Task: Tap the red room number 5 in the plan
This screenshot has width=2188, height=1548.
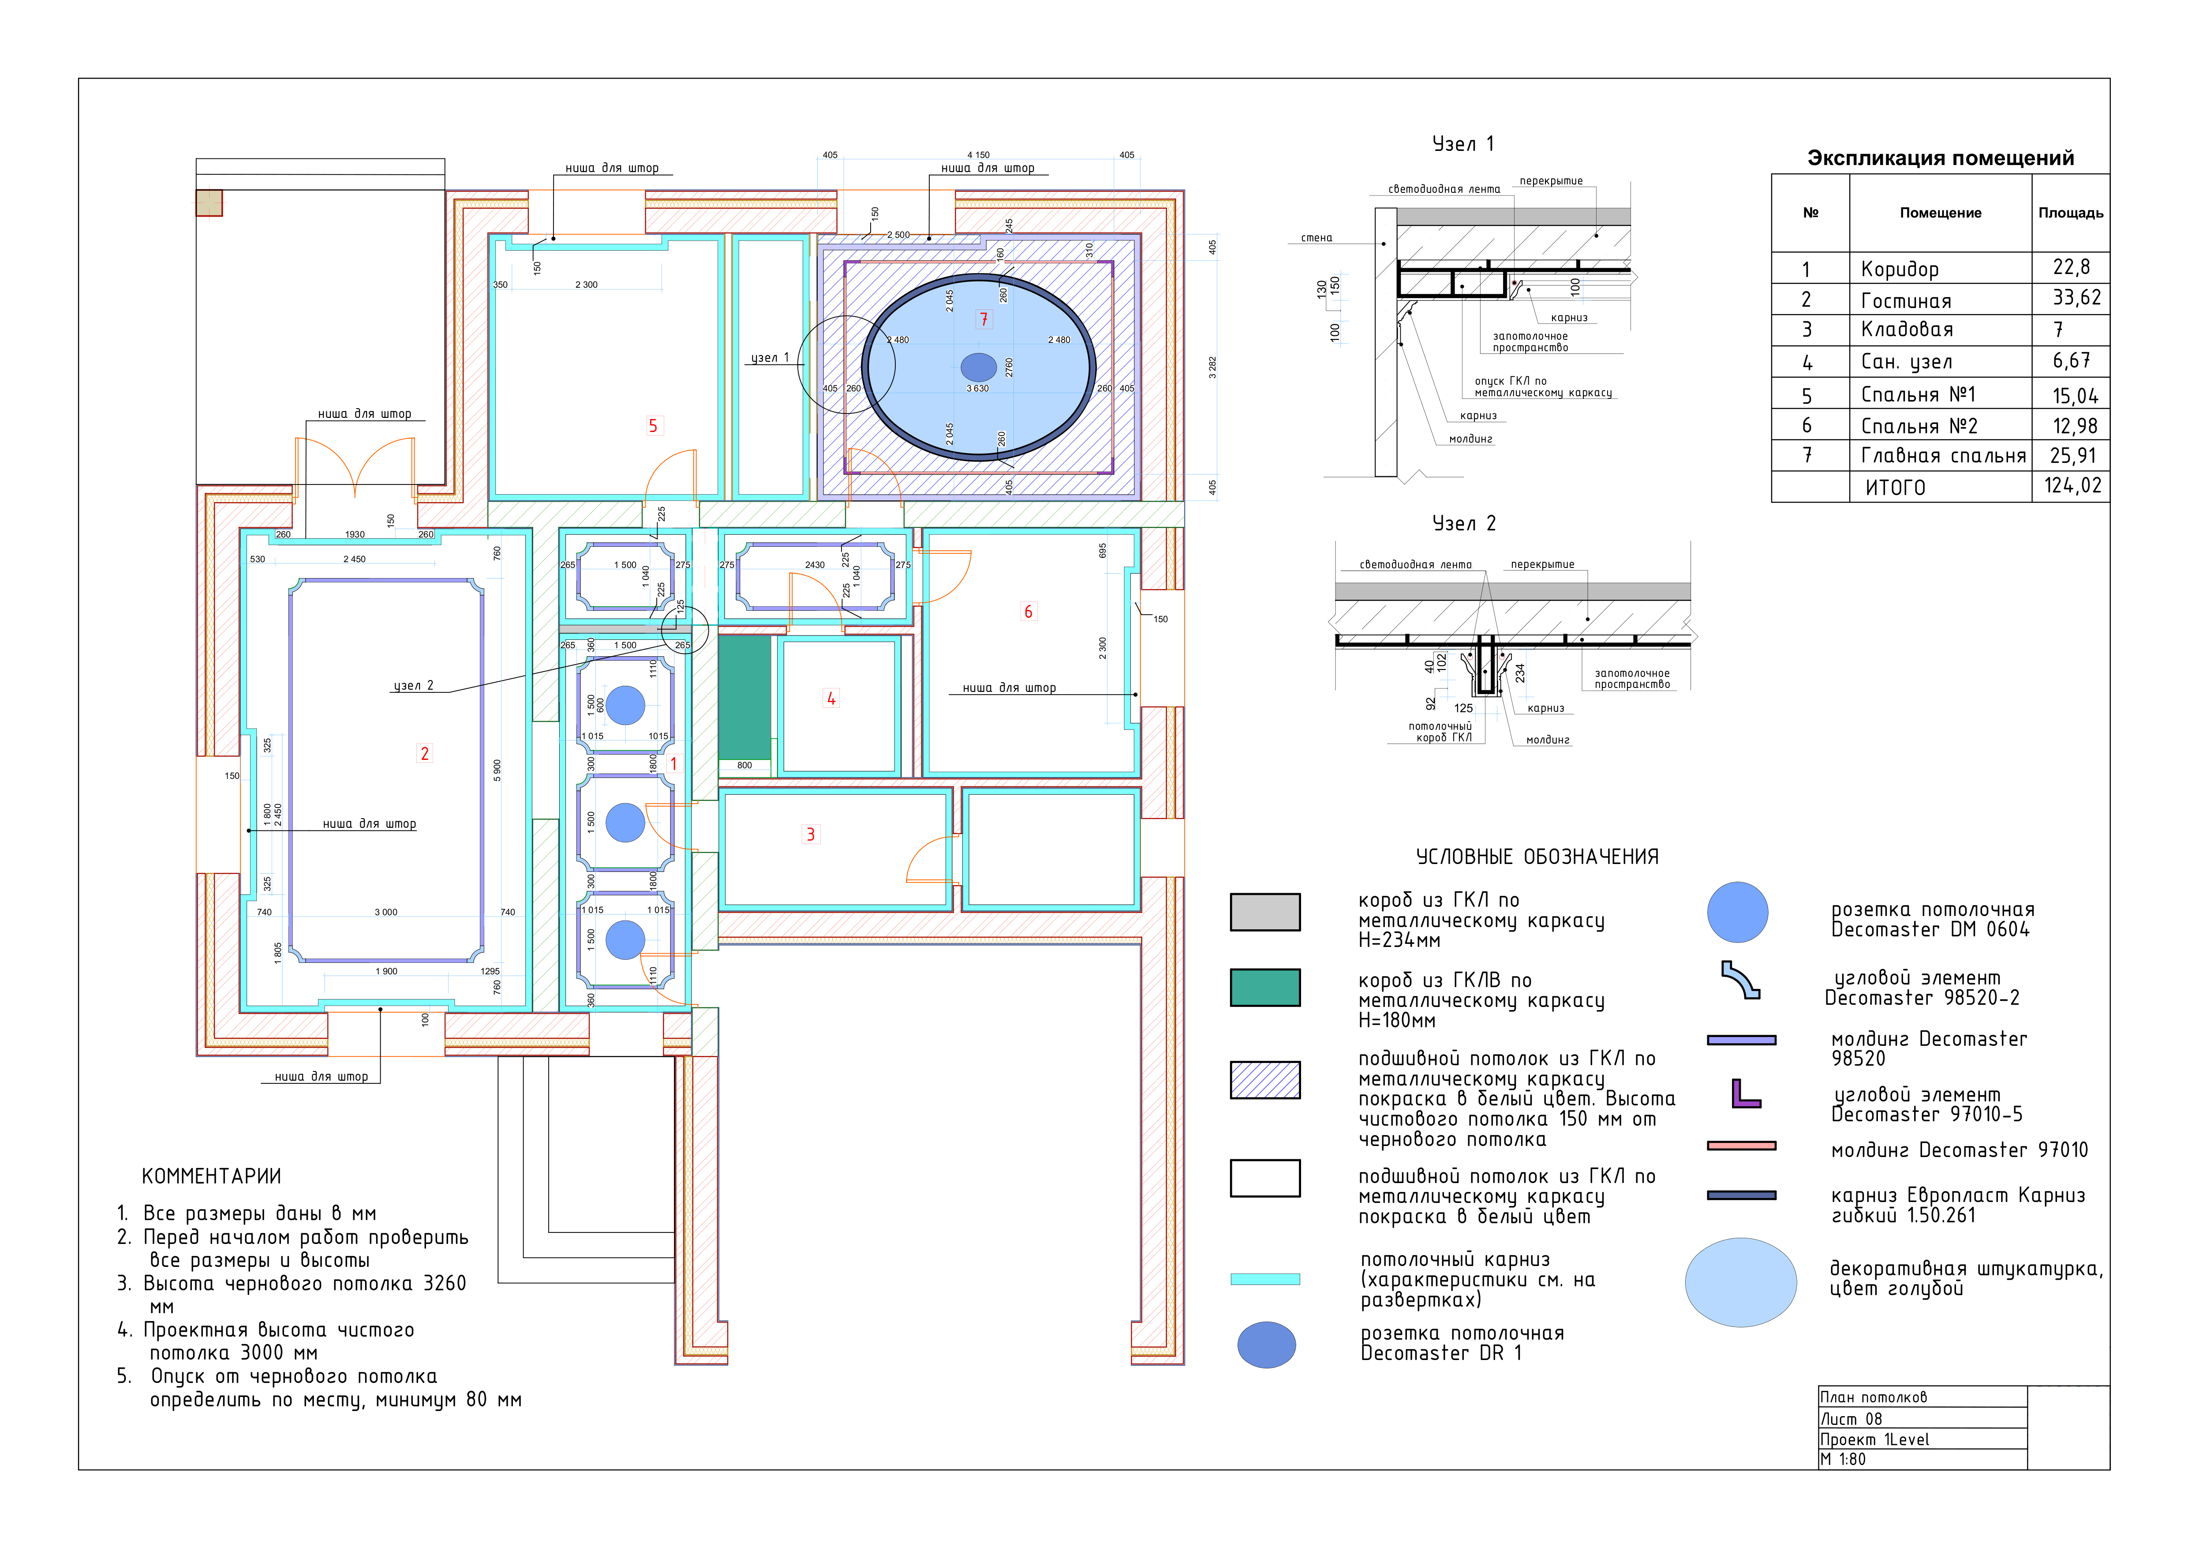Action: point(653,426)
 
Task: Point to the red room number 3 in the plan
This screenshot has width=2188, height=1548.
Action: point(811,834)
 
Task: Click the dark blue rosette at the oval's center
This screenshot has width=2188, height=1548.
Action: point(979,367)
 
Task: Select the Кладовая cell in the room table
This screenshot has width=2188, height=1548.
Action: point(1907,330)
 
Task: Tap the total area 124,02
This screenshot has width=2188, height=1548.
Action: point(2073,486)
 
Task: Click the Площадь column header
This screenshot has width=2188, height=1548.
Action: point(2071,213)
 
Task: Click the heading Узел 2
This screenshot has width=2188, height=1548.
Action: point(1464,523)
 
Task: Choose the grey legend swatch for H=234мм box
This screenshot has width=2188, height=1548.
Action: point(1264,911)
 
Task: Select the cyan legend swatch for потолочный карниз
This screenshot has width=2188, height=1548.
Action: point(1264,1279)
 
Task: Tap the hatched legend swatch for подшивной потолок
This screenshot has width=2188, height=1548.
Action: point(1264,1080)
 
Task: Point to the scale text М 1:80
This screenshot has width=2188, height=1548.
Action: point(1843,1459)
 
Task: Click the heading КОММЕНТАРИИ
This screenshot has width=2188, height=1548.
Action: point(212,1176)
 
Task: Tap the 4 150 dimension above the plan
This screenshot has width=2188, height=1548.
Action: point(979,154)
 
